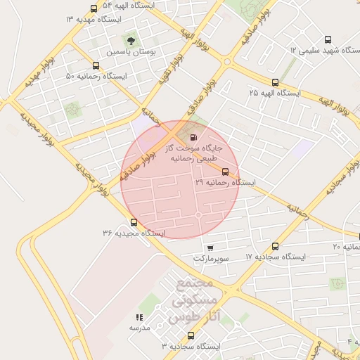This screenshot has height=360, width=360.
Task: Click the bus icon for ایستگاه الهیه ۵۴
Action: point(94,8)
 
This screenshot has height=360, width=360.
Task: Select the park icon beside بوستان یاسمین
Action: point(130,39)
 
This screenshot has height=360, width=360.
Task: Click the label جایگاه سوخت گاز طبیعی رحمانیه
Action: point(192,153)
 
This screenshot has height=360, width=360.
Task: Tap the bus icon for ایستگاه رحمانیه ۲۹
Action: point(225,172)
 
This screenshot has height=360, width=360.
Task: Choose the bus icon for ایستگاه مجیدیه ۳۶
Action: point(134,222)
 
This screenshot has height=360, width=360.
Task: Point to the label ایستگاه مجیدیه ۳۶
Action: point(133,233)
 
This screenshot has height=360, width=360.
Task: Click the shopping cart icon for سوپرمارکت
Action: point(210,247)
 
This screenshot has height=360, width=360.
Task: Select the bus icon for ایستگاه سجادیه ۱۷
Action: point(275,246)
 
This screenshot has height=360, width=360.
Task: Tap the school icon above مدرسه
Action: point(139,317)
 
